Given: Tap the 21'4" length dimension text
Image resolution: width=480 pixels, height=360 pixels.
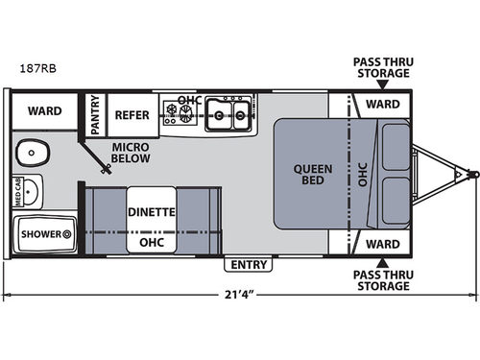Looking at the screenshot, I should pos(240,293).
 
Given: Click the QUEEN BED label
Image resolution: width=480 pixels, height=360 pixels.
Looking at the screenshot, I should pos(313,176).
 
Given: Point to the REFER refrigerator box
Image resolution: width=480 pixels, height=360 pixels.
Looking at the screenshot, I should pos(132,113).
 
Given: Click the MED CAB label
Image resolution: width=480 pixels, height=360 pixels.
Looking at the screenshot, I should pos(16,190).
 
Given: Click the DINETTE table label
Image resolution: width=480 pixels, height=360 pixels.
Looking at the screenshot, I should pos(150,212).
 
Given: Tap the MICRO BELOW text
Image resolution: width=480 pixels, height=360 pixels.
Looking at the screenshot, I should pos(129,153).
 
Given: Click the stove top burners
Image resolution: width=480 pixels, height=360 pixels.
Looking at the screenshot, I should pos(180,113).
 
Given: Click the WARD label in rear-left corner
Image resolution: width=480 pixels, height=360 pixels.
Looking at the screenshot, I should pos(44,110).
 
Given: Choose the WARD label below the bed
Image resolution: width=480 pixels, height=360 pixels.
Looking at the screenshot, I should pos(382,244).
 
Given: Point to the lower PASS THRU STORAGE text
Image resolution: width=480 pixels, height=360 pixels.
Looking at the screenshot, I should pos(381,279).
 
